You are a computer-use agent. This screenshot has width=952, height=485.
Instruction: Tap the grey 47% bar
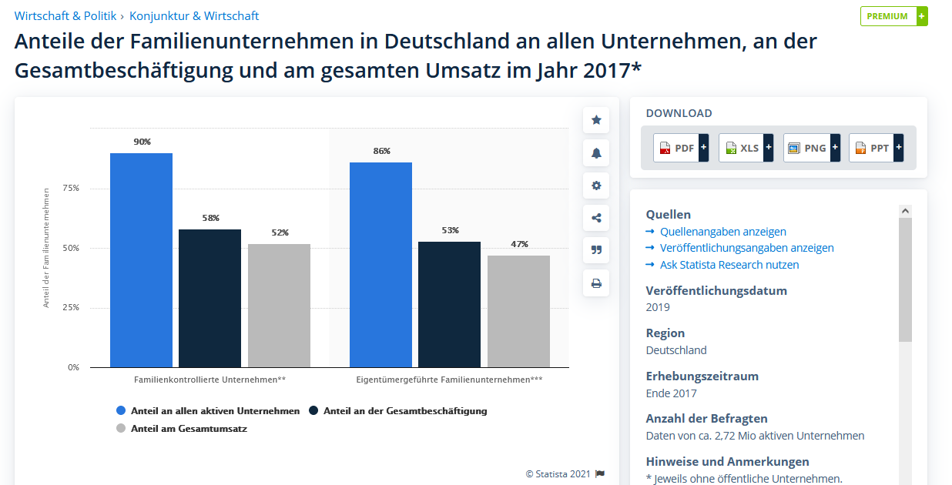(518, 311)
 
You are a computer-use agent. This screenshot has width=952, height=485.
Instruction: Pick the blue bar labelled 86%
(380, 265)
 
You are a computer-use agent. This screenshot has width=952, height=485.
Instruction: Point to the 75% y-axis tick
(71, 188)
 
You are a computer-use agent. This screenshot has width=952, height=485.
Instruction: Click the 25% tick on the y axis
(71, 307)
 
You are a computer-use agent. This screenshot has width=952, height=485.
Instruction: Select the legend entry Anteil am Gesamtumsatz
(189, 429)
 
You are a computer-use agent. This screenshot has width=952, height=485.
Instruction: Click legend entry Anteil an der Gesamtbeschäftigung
(404, 411)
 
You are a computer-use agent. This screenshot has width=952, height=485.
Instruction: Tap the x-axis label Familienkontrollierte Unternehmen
(210, 380)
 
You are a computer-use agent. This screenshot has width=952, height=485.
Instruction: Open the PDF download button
(680, 148)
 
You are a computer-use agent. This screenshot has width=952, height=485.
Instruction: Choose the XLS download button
(745, 148)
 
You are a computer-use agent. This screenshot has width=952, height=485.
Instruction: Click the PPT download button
(875, 148)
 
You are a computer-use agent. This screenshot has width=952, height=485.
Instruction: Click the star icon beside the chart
(596, 120)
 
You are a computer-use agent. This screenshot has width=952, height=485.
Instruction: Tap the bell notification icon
(596, 153)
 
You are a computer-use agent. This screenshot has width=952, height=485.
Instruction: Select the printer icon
(596, 283)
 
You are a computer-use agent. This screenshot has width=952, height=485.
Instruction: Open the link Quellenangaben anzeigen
(722, 232)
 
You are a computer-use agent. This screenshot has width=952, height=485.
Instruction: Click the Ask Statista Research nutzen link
(729, 265)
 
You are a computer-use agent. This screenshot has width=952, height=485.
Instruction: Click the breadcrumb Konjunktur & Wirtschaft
(194, 16)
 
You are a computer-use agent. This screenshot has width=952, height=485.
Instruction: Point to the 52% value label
(279, 232)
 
